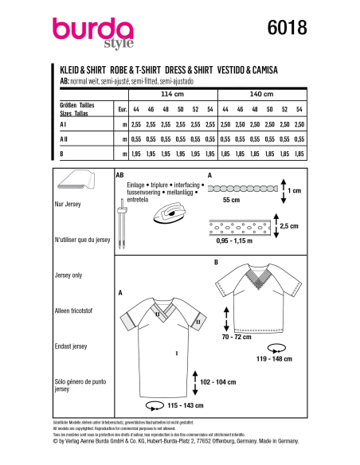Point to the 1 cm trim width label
pos(294,190)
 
